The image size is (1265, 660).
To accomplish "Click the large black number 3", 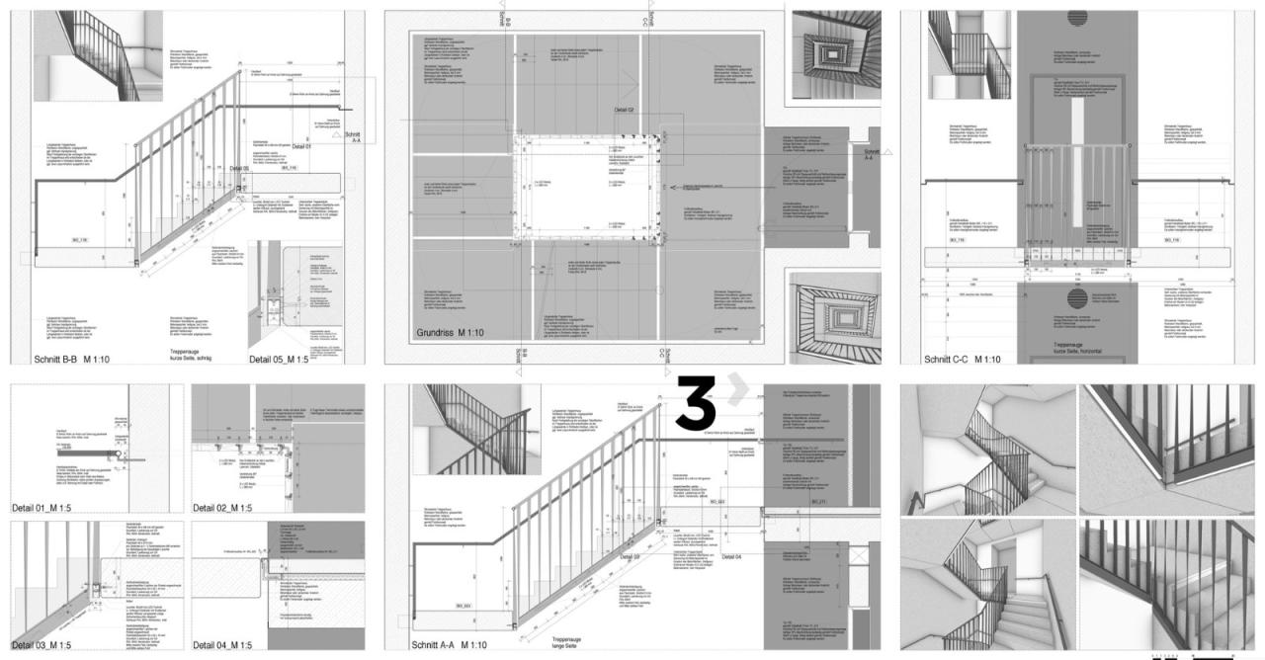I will pos(696,402).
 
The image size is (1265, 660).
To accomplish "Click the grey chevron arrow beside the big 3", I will pos(736,393).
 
